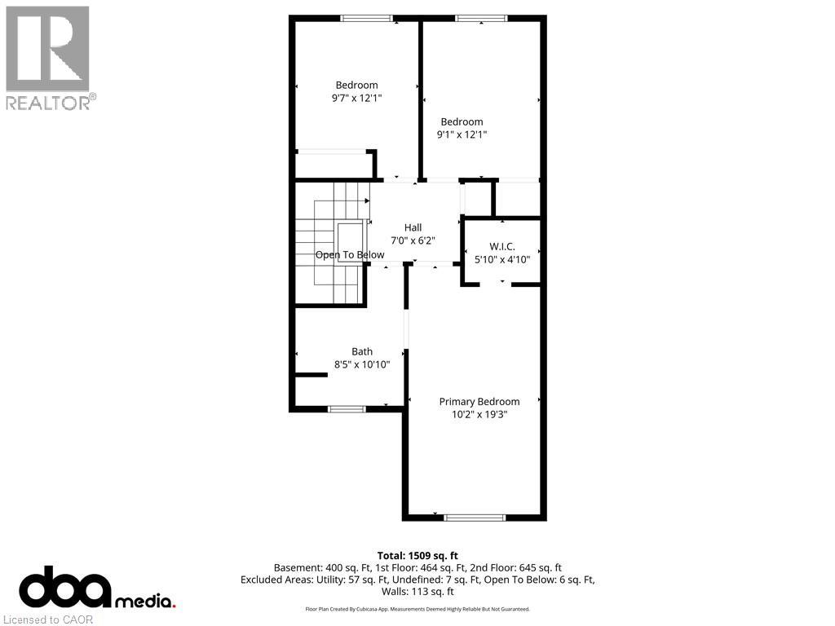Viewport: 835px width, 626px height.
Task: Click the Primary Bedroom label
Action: pos(479,401)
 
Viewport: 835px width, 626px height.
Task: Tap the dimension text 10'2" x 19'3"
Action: pos(479,414)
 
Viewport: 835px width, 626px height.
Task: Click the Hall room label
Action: pos(413,227)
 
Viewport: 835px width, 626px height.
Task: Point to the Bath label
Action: pos(362,351)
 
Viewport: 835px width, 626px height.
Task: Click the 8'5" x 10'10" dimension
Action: pos(362,364)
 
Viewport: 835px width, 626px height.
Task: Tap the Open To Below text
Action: pos(350,255)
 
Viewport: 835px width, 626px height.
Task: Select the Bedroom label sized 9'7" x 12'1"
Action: pos(356,85)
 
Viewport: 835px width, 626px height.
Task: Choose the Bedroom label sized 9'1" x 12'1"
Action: pos(462,121)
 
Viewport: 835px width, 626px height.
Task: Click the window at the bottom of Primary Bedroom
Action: pos(475,517)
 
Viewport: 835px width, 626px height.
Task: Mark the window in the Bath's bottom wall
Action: pos(347,408)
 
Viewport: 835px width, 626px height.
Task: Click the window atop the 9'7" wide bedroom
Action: pos(366,18)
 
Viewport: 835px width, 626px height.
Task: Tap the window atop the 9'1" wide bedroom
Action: pos(481,18)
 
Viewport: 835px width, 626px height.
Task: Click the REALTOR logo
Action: pos(49,57)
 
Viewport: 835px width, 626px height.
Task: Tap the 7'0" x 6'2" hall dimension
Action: pos(413,240)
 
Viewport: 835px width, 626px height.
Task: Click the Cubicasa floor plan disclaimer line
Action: pos(417,609)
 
